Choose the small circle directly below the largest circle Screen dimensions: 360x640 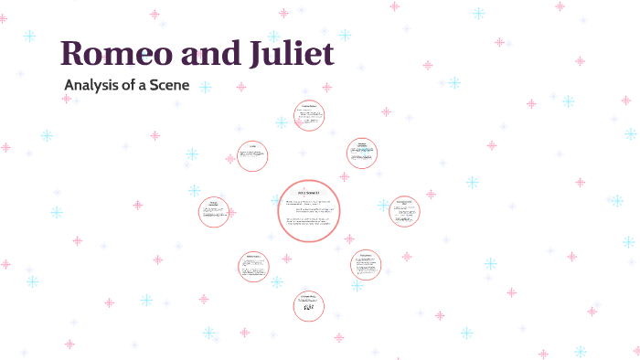pos(309,305)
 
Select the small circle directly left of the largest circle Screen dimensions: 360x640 pos(215,212)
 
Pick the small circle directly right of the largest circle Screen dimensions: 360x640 pos(403,211)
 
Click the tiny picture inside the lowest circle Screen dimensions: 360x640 pos(309,308)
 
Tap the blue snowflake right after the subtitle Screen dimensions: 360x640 pos(206,87)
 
